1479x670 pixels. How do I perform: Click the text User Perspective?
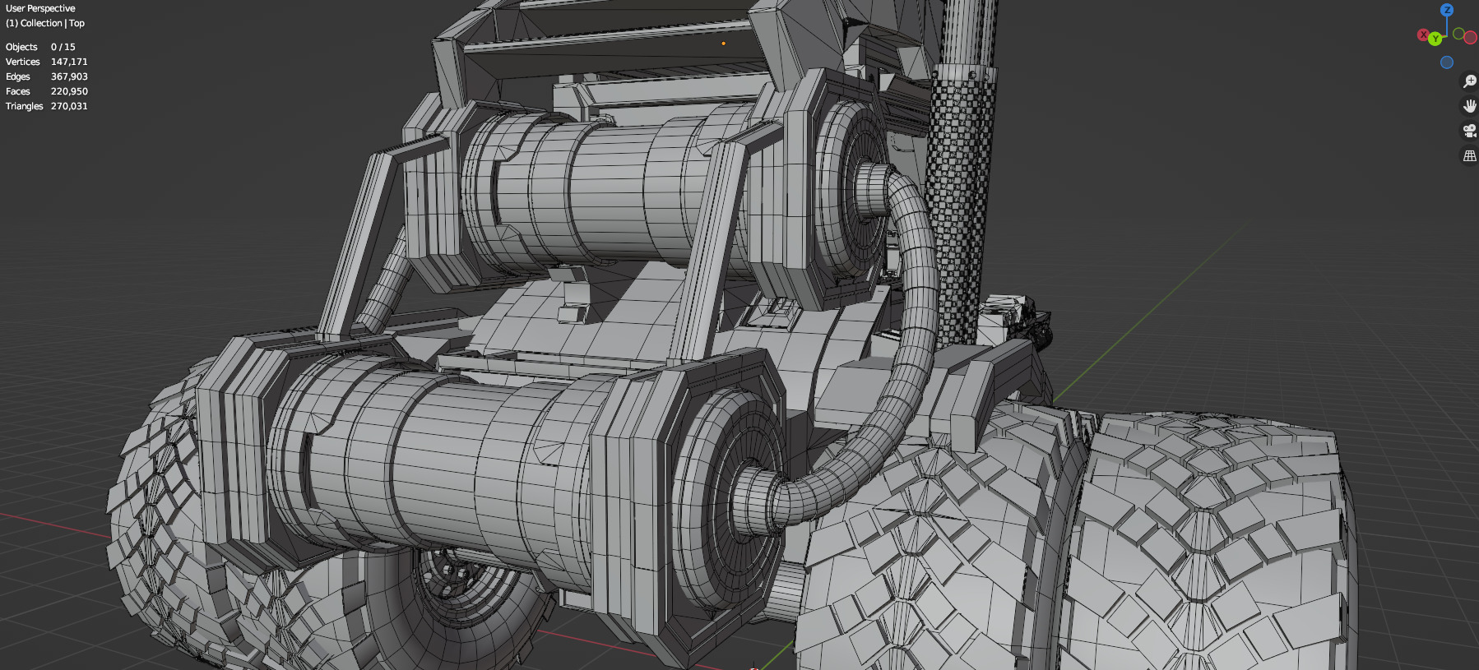(x=40, y=8)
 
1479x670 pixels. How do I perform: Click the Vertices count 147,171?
(x=69, y=62)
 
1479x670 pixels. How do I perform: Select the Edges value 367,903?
(x=69, y=76)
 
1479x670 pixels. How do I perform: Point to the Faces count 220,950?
(x=69, y=91)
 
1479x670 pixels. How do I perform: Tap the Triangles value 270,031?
(x=69, y=106)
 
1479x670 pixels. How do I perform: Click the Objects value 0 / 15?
(x=63, y=47)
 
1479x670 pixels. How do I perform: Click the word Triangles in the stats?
(x=24, y=106)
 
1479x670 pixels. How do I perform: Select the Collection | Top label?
(x=45, y=23)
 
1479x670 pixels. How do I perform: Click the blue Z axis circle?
(x=1447, y=10)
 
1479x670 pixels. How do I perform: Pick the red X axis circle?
(x=1423, y=35)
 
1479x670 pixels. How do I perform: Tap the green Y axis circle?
(x=1435, y=39)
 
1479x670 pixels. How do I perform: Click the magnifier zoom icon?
(x=1469, y=81)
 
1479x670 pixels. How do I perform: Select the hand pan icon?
(x=1469, y=106)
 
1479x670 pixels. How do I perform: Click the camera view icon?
(x=1469, y=131)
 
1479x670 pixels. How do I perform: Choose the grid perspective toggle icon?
(x=1469, y=155)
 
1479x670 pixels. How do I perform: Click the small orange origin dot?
(x=723, y=44)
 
